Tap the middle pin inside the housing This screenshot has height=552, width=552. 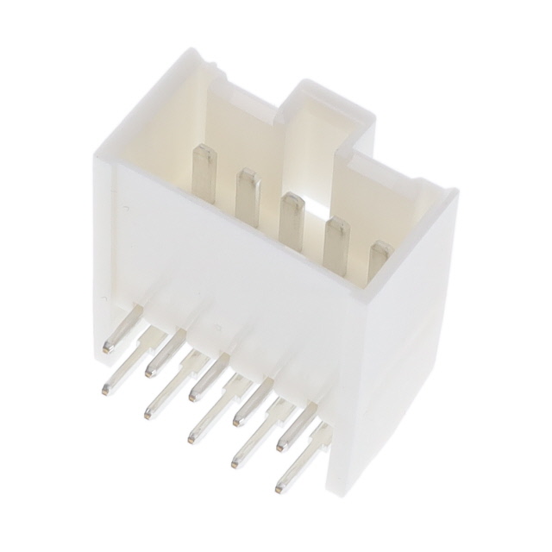(292, 221)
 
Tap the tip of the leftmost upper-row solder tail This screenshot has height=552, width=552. (109, 348)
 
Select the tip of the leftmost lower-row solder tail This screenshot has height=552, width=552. (105, 390)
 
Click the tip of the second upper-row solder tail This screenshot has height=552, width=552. (152, 371)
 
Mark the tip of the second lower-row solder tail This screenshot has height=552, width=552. (147, 415)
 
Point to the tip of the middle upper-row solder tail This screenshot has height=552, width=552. (195, 396)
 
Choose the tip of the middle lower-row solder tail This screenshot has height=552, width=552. (191, 439)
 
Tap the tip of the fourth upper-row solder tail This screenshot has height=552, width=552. (238, 420)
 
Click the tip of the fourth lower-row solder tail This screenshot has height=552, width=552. (234, 464)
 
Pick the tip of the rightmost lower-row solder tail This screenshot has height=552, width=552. (278, 489)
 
